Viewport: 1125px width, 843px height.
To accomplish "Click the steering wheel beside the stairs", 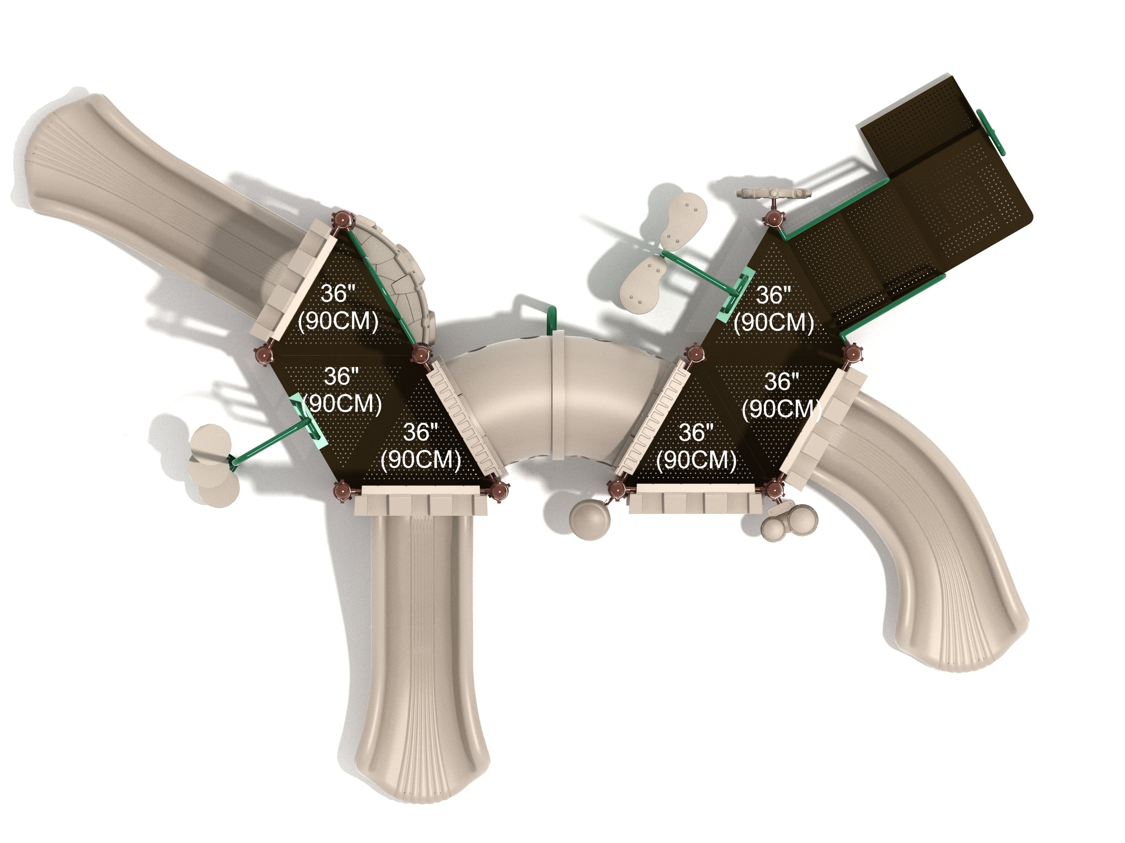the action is coord(775,194).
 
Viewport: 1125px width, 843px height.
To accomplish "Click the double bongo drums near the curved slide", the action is coord(789,523).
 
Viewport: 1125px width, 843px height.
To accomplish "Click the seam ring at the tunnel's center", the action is coord(558,395).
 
